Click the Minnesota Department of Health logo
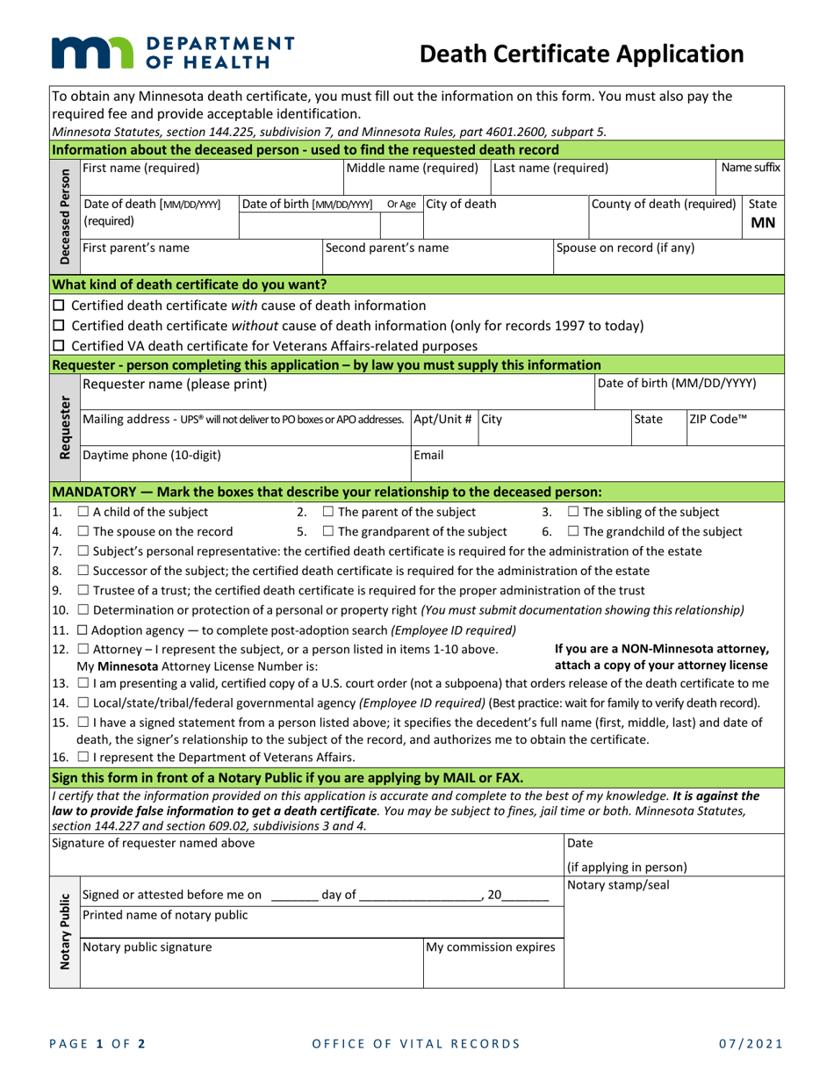point(172,54)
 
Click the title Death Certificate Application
point(582,54)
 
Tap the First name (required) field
point(211,176)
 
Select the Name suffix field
point(750,176)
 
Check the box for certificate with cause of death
point(59,306)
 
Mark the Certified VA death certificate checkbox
point(59,346)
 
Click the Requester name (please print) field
point(334,392)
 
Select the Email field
point(597,464)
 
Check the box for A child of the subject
point(83,512)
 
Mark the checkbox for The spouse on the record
point(83,531)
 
